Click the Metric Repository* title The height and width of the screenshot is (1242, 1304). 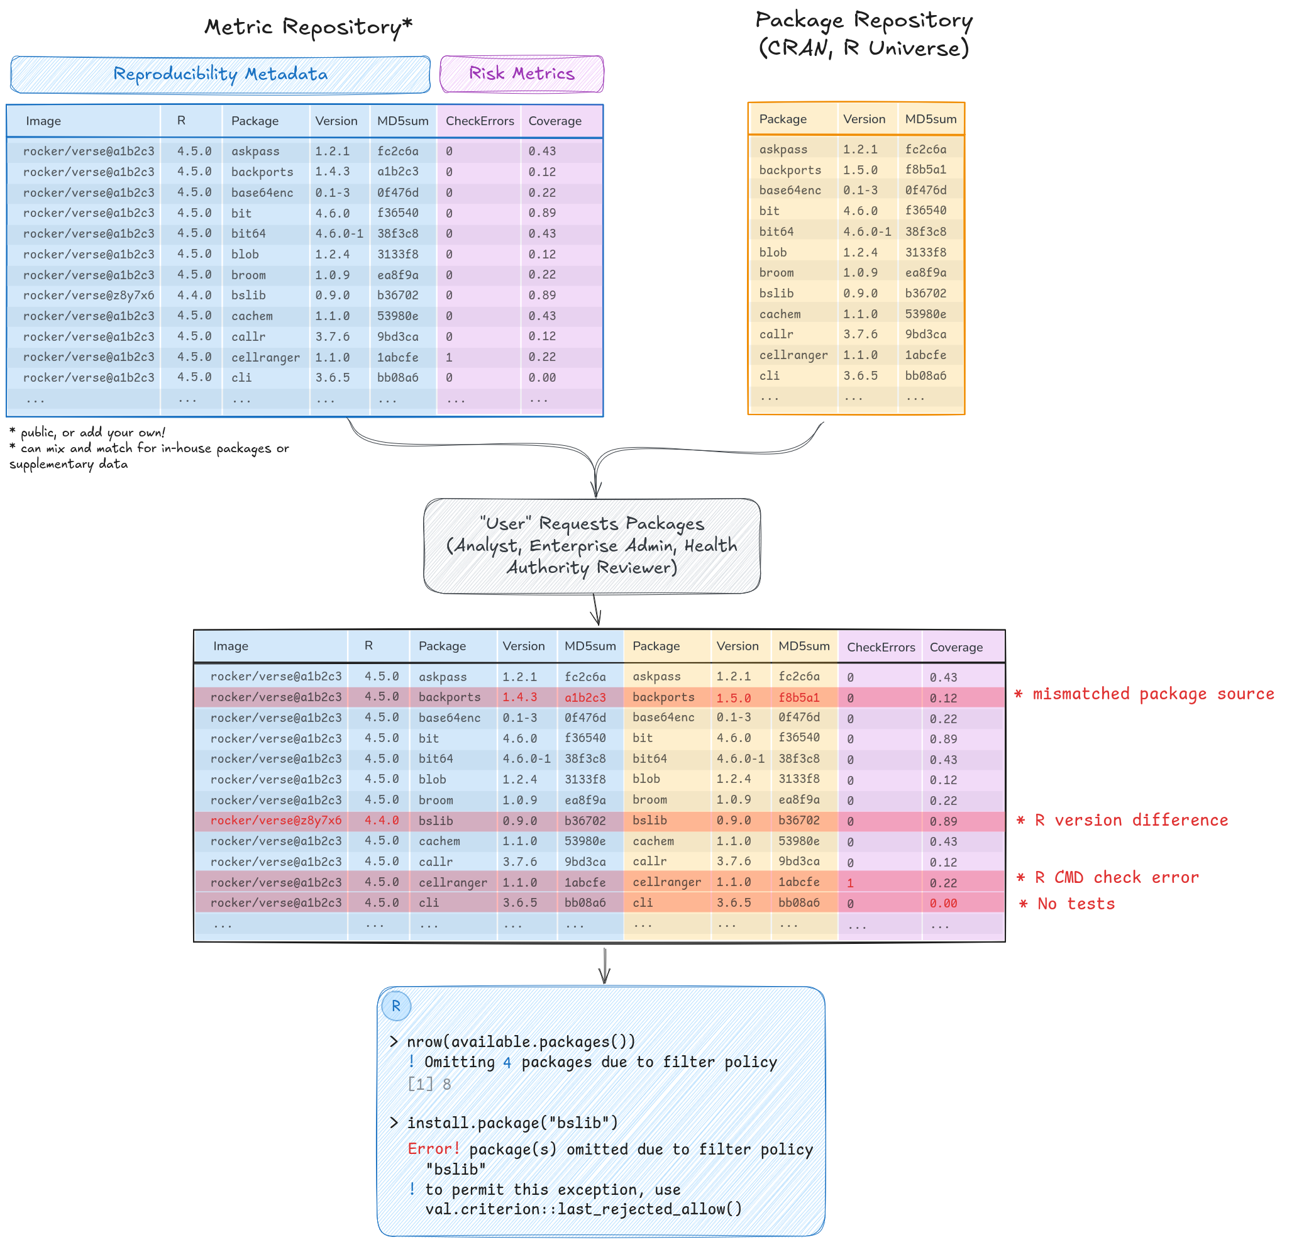click(x=308, y=26)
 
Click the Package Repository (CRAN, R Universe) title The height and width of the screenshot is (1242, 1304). click(x=864, y=33)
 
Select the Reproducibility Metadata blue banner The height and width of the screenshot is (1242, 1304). click(x=220, y=74)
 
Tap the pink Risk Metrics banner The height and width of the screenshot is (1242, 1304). click(x=522, y=74)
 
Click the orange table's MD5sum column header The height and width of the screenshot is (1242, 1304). click(x=930, y=119)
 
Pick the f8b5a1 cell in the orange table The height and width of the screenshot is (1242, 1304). click(x=926, y=170)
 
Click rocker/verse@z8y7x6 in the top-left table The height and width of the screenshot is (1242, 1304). click(x=89, y=296)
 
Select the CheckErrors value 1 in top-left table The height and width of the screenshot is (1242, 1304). click(x=449, y=357)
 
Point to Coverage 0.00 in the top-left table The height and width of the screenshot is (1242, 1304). click(x=541, y=377)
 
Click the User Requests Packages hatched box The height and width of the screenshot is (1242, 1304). click(x=592, y=545)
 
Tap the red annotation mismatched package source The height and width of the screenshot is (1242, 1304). click(x=1144, y=694)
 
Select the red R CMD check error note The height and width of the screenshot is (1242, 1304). click(x=1108, y=877)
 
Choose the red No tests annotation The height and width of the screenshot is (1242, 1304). click(x=1067, y=904)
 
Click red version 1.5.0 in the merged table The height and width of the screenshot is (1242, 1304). click(x=733, y=698)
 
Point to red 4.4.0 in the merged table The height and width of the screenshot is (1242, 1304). click(x=381, y=820)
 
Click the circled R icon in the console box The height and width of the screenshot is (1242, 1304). click(x=396, y=1006)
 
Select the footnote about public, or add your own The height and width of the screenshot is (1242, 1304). click(x=87, y=432)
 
